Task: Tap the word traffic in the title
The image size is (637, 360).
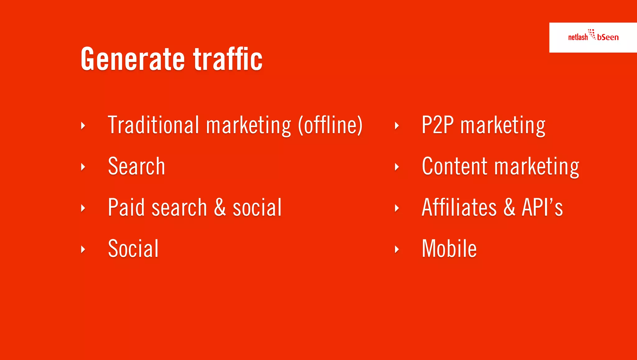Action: [x=228, y=59]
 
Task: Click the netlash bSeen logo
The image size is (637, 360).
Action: [x=593, y=37]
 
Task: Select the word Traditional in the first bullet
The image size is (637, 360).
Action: [x=153, y=125]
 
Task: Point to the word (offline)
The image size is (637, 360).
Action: [x=330, y=125]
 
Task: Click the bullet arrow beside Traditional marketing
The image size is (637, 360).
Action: [x=83, y=126]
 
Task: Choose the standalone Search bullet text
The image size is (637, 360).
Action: [x=136, y=166]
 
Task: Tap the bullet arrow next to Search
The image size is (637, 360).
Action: [x=83, y=167]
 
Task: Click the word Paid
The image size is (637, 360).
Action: [x=126, y=208]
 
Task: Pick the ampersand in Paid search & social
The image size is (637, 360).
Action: [x=220, y=208]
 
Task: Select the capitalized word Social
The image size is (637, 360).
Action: [x=133, y=249]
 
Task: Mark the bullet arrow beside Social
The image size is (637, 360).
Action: [x=83, y=249]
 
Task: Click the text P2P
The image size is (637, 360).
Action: [x=437, y=125]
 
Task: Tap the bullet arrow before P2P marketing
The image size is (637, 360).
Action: [x=397, y=126]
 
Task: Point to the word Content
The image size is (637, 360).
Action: [x=454, y=166]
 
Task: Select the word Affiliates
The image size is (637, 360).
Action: [x=459, y=208]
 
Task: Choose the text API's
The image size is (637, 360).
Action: [x=542, y=208]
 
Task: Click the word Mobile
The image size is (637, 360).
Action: [x=449, y=249]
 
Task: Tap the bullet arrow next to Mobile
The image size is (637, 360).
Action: [x=397, y=249]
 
